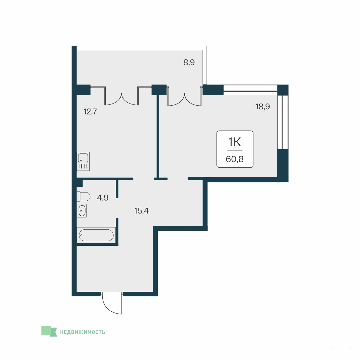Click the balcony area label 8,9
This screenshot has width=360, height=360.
189,62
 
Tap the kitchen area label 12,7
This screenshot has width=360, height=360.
90,111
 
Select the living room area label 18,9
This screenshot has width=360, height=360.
263,107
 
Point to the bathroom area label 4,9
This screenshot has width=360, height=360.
103,198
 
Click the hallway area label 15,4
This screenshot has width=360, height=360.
141,210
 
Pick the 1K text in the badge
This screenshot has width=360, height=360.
235,142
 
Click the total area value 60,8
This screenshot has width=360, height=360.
235,159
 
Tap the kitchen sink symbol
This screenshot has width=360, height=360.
83,161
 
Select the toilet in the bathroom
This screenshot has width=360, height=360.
83,197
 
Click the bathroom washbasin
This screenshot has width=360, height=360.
82,210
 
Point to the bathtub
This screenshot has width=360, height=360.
96,235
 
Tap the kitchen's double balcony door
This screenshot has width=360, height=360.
122,96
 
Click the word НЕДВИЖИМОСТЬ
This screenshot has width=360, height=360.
83,332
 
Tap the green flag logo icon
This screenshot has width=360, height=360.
49,331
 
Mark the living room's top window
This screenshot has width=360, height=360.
250,90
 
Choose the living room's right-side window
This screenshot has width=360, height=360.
282,122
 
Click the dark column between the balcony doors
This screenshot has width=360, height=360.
159,90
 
